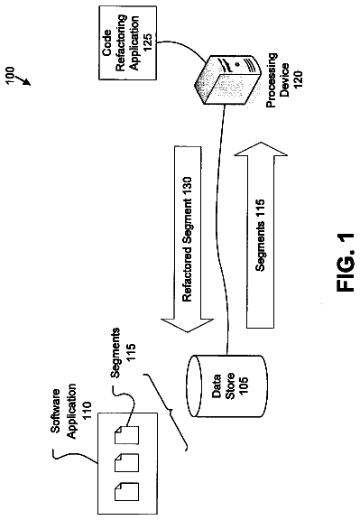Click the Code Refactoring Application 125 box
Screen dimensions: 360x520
pos(127,42)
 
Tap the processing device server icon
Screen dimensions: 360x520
pos(226,79)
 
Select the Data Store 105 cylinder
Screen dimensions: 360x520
pos(227,386)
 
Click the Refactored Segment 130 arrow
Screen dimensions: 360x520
pos(188,239)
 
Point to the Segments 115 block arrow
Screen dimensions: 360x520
pos(261,235)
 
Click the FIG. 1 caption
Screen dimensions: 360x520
pos(345,263)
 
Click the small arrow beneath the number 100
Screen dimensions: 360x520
pos(23,79)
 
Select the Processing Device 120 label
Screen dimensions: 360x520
pos(283,80)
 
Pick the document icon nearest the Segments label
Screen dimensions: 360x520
pos(126,435)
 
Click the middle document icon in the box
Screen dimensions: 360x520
pos(126,463)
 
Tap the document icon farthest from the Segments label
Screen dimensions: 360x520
pos(126,491)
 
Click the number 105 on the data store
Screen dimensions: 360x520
pos(244,386)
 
